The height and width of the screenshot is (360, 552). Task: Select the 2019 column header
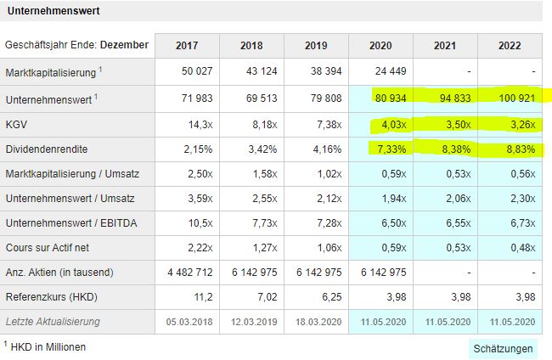(317, 45)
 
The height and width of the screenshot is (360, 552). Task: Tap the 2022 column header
(510, 45)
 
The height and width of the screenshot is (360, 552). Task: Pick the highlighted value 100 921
(515, 98)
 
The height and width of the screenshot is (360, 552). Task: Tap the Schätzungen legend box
(504, 348)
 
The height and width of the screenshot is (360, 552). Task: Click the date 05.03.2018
(187, 322)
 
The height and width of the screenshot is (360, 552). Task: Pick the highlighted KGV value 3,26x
(520, 126)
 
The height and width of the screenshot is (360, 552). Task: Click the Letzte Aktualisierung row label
(53, 322)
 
